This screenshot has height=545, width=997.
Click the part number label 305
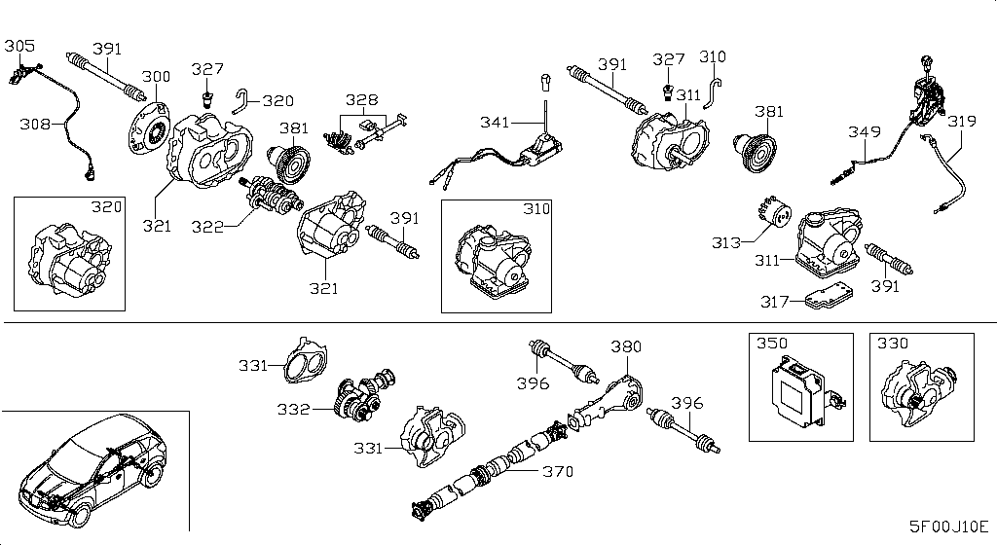point(19,46)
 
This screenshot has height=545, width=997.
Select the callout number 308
point(35,124)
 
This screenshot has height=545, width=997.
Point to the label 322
point(207,227)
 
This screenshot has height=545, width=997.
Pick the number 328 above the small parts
point(362,99)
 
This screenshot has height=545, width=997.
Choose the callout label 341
point(495,122)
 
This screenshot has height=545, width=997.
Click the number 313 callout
point(726,242)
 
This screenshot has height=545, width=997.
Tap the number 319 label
point(961,121)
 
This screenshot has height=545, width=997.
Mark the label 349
point(865,131)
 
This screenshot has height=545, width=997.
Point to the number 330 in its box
point(893,343)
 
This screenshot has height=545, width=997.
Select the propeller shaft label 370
point(558,471)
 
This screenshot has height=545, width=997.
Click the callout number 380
point(626,346)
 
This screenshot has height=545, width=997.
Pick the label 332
point(293,409)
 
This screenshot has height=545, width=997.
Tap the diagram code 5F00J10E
point(948,527)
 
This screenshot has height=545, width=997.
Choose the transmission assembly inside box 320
point(67,262)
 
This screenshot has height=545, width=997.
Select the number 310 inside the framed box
point(536,208)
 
